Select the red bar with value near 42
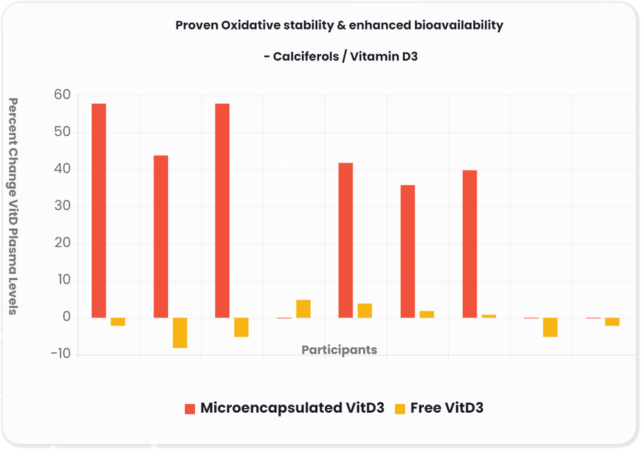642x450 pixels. coord(345,240)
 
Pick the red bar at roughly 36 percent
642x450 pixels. coord(408,251)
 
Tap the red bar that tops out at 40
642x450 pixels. coord(469,244)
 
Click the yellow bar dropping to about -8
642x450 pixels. coord(180,333)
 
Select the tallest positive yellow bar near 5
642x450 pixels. coord(303,309)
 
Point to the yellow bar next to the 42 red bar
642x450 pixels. coord(365,310)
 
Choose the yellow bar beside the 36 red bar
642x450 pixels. coord(427,314)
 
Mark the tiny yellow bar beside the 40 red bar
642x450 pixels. coord(489,316)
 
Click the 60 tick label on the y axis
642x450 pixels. coord(64,96)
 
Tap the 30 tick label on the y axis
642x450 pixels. coord(64,207)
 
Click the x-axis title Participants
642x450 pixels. coord(339,350)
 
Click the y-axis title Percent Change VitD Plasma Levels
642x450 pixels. coord(13,206)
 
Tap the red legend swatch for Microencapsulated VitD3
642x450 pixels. coord(189,409)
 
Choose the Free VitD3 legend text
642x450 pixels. coord(447,408)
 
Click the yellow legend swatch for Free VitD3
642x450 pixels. coord(400,409)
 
